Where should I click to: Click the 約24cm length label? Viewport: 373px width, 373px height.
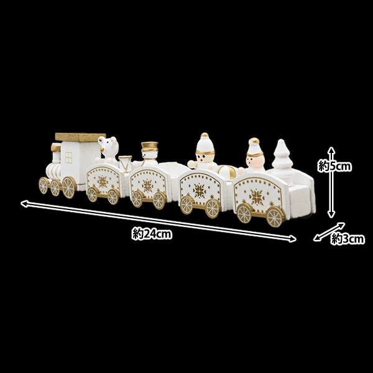(152, 234)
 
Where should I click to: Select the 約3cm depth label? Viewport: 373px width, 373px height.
(348, 239)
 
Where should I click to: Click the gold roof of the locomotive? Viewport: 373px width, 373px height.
(80, 136)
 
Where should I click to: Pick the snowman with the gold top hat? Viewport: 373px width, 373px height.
(149, 153)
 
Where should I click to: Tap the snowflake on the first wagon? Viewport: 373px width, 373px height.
(103, 180)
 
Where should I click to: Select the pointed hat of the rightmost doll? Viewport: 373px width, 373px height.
(254, 147)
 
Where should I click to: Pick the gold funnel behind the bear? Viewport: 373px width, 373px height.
(126, 163)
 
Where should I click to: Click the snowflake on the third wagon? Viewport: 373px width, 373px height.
(200, 190)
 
